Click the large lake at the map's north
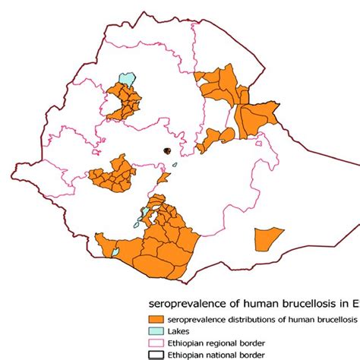[x=126, y=79]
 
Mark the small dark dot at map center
[x=163, y=151]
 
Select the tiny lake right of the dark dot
[x=174, y=164]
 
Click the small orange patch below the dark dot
[x=162, y=178]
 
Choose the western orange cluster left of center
[x=114, y=174]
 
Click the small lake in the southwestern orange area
[x=115, y=250]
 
